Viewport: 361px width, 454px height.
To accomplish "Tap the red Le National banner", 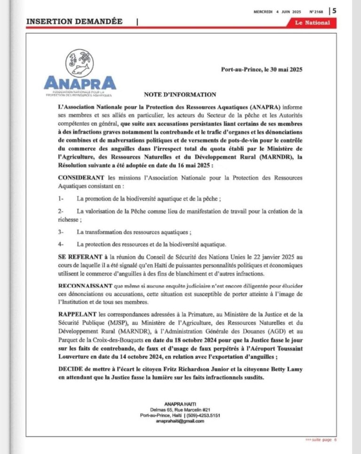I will point(312,23).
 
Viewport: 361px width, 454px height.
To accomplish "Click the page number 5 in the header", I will point(334,10).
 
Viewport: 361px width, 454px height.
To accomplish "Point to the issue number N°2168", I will point(315,11).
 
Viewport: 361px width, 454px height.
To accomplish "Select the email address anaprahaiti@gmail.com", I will point(180,421).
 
